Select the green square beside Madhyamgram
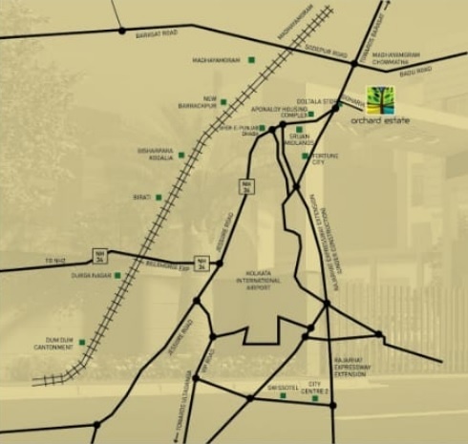[251, 61]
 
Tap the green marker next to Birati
[158, 196]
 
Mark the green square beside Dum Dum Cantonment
[84, 341]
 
